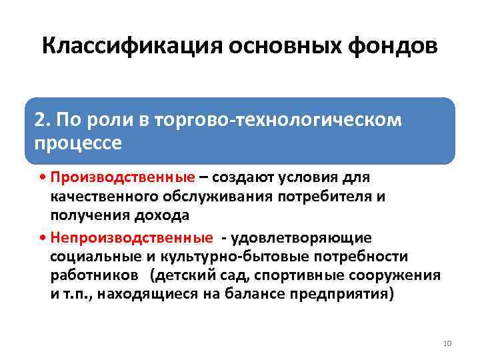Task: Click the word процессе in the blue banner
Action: (x=77, y=142)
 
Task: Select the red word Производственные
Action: (x=123, y=178)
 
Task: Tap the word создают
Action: (x=245, y=178)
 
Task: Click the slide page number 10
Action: (x=447, y=343)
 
